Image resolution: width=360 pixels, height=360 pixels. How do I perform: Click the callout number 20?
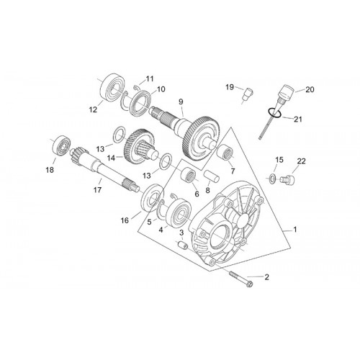310,89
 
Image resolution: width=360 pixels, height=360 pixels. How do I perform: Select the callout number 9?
181,102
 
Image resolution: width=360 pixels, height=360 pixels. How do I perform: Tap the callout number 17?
97,190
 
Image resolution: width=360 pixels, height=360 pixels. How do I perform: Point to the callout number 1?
295,230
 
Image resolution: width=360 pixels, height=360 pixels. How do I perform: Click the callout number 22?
302,161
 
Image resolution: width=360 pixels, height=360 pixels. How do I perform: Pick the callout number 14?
112,158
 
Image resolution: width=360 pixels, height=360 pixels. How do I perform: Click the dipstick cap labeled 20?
286,92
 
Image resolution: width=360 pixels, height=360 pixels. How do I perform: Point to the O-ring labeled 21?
274,113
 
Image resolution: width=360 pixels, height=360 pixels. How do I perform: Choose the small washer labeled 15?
272,179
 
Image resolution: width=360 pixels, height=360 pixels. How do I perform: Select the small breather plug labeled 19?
247,94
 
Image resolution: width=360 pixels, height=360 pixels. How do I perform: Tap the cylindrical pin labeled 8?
212,177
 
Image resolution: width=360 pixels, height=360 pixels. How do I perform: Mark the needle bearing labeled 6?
189,175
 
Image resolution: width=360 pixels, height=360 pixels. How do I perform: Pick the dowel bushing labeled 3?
182,246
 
